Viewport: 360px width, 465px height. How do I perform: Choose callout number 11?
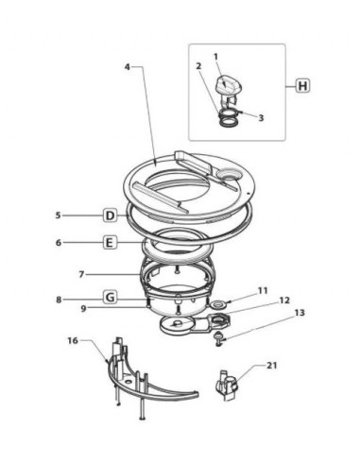click(263, 290)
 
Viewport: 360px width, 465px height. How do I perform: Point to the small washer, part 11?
click(217, 304)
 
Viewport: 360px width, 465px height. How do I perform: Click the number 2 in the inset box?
click(199, 66)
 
